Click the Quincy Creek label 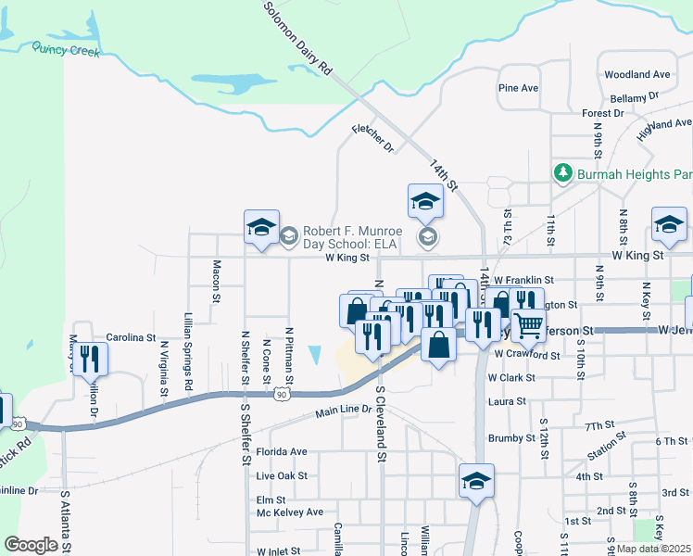(x=65, y=49)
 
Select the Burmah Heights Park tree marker (x=562, y=173)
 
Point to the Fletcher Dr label (x=372, y=139)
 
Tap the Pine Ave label (x=518, y=88)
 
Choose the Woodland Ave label (x=636, y=74)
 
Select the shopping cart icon (x=528, y=325)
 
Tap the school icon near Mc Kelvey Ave (x=476, y=481)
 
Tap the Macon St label (x=215, y=282)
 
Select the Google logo (x=31, y=545)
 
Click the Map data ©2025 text (x=653, y=549)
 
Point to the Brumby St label (x=507, y=437)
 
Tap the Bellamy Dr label (x=634, y=95)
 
